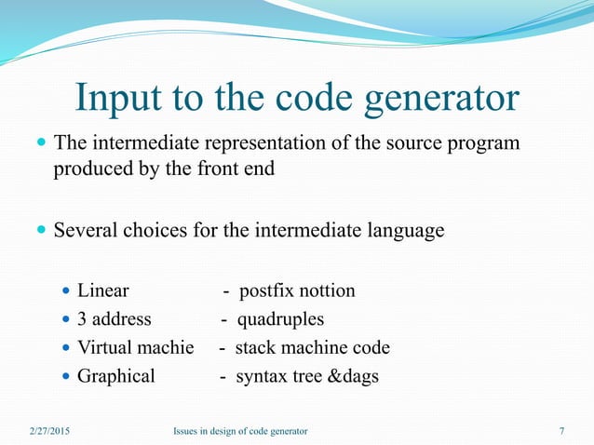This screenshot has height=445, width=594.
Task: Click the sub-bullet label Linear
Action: click(x=102, y=291)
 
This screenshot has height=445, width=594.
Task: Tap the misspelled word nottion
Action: click(x=324, y=291)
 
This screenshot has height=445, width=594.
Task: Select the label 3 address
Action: click(x=114, y=319)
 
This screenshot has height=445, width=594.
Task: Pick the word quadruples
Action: click(x=280, y=319)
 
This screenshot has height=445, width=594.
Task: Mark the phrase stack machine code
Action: click(x=312, y=348)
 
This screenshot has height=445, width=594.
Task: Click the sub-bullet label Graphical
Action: click(x=115, y=377)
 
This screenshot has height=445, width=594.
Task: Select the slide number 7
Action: click(x=561, y=431)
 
